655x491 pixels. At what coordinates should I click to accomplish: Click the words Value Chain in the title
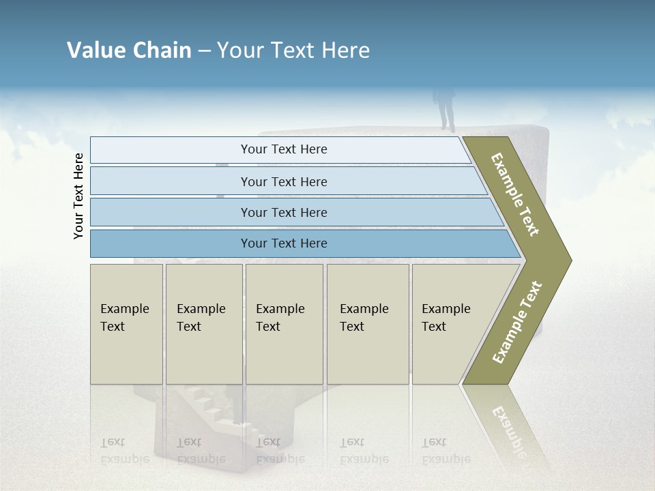tap(129, 50)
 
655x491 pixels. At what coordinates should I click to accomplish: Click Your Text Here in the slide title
tap(293, 50)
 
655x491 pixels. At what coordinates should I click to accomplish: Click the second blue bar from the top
tap(284, 181)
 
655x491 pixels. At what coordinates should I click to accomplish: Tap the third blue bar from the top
tap(284, 212)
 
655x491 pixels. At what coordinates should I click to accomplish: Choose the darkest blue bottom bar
tap(284, 243)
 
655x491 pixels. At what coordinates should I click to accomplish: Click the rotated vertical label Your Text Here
tap(78, 196)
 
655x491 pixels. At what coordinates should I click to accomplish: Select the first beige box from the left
tap(126, 324)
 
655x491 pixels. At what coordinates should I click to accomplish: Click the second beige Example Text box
tap(203, 324)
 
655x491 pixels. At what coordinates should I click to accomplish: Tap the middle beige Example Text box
tap(284, 324)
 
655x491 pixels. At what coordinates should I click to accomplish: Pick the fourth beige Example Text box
tap(367, 324)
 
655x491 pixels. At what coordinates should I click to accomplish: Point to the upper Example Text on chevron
tap(515, 194)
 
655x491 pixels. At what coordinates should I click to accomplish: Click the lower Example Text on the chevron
tap(517, 323)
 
